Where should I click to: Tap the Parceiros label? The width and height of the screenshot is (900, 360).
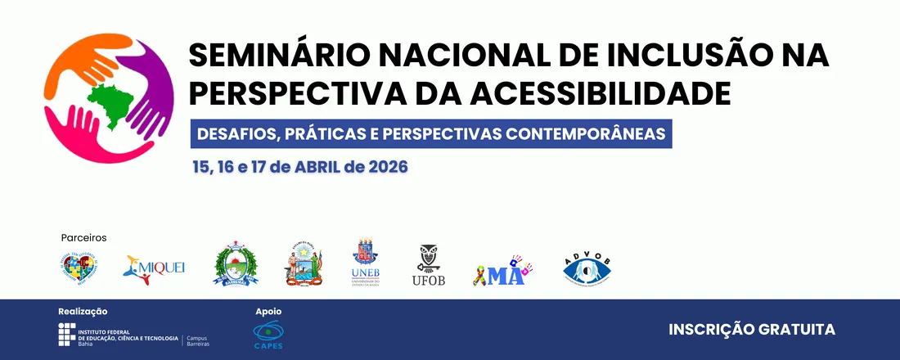(83, 238)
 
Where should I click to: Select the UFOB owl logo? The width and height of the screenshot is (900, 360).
(429, 265)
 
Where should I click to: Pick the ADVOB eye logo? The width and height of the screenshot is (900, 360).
(587, 268)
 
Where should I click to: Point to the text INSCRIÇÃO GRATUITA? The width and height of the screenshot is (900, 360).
(752, 329)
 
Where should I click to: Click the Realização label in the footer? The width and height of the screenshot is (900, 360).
(83, 311)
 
